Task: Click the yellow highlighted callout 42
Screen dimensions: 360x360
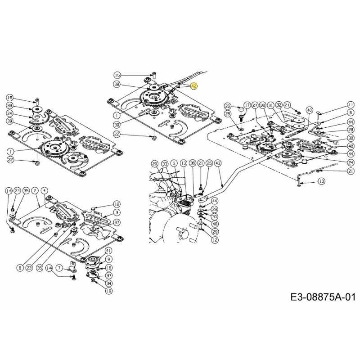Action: click(193, 85)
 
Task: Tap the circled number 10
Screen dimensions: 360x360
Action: click(321, 181)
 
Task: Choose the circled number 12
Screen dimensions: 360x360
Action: click(215, 240)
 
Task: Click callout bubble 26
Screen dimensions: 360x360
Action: click(228, 106)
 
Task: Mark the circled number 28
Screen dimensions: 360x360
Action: click(228, 114)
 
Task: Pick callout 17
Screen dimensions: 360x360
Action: click(247, 104)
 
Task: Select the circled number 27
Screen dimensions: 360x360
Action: click(255, 104)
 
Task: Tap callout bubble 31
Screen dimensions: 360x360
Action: click(270, 104)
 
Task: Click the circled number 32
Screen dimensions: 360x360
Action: click(279, 104)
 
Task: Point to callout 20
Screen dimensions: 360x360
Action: click(154, 164)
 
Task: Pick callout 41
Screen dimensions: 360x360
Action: click(108, 250)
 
